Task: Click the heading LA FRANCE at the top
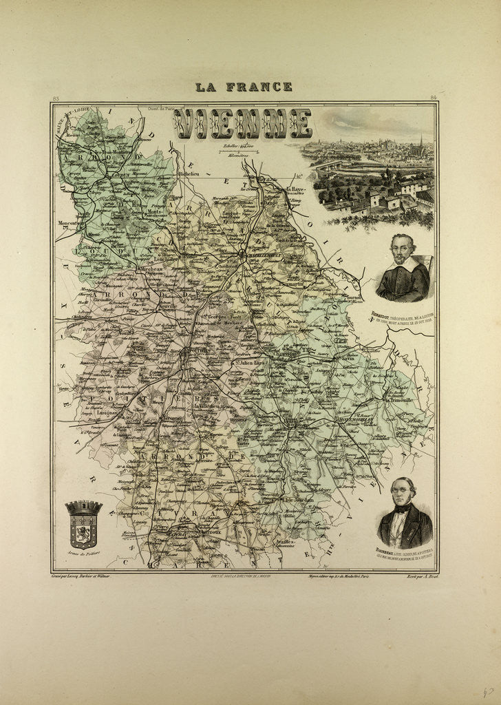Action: [x=244, y=87]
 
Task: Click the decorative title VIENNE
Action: [x=242, y=123]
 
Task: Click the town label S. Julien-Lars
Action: [x=249, y=362]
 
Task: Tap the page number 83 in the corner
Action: [x=56, y=99]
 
